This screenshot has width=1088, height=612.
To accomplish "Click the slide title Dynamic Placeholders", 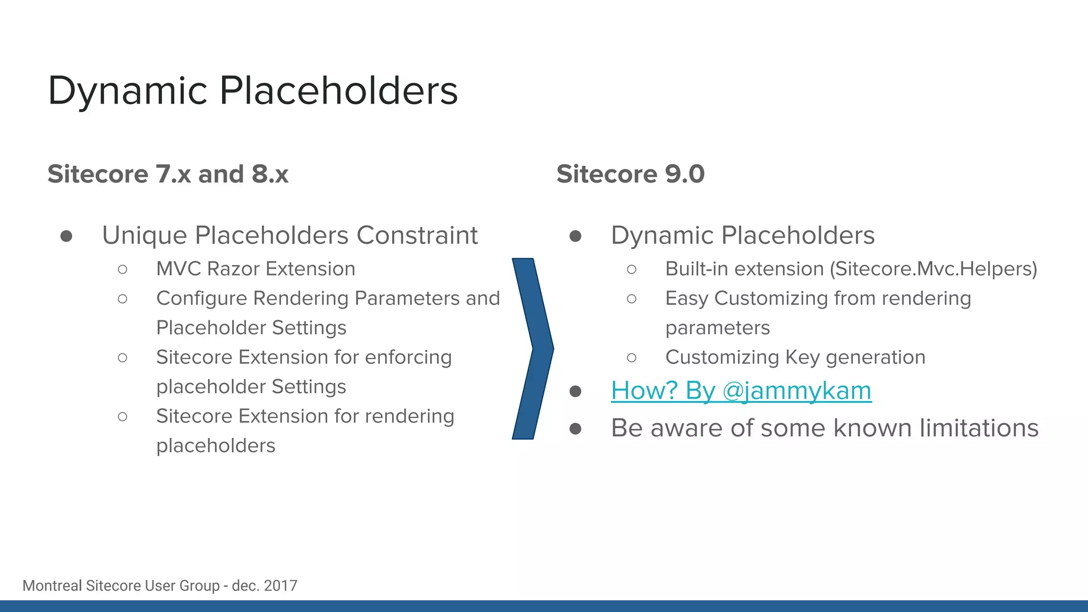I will pyautogui.click(x=252, y=90).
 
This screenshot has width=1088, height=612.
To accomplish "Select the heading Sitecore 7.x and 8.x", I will pyautogui.click(x=168, y=174).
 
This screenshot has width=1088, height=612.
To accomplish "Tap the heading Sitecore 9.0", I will pyautogui.click(x=630, y=174).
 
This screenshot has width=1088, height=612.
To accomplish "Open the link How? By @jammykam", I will pyautogui.click(x=741, y=391).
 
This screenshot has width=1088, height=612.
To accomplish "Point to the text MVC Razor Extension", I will pyautogui.click(x=256, y=269).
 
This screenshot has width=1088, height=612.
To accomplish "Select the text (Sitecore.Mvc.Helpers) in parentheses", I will pyautogui.click(x=933, y=269).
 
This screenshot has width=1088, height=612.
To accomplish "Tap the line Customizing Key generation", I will pyautogui.click(x=795, y=357).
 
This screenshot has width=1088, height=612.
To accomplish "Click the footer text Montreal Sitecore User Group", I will pyautogui.click(x=121, y=585).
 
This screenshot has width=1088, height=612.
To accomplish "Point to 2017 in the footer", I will pyautogui.click(x=280, y=585).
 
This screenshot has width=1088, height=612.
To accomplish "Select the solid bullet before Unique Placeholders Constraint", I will pyautogui.click(x=66, y=236).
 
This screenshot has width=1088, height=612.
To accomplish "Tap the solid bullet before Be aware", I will pyautogui.click(x=575, y=429).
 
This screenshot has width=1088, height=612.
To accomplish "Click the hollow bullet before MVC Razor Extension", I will pyautogui.click(x=123, y=269).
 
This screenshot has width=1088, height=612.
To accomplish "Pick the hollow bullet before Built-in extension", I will pyautogui.click(x=632, y=269).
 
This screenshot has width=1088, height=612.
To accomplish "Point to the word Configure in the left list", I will pyautogui.click(x=202, y=299).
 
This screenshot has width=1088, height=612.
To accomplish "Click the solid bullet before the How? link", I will pyautogui.click(x=575, y=392).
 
